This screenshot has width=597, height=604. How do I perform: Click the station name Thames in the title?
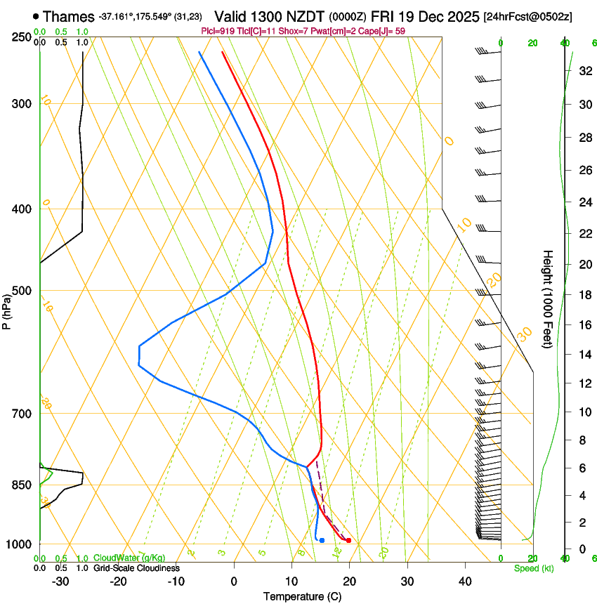pos(69,15)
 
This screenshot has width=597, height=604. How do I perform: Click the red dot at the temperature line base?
pos(348,540)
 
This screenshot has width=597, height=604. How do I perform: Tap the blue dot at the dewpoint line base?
pos(322,540)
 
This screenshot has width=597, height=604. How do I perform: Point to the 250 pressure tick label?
pos(20,37)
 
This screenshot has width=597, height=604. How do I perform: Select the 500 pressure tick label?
pos(20,291)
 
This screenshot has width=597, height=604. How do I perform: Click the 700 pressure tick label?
pos(20,414)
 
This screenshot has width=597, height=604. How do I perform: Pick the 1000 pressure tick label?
pos(18,544)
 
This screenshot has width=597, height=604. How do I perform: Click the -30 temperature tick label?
pos(60,581)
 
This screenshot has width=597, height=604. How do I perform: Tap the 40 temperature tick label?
pos(464,581)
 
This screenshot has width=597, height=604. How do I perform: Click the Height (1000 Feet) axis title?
pos(549,298)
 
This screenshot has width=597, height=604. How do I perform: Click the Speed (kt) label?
pos(533,568)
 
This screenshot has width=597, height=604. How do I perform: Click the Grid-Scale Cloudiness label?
pos(136,568)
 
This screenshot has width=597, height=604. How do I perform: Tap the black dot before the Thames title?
pos(36,15)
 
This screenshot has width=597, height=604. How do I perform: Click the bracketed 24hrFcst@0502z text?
pos(527,16)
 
